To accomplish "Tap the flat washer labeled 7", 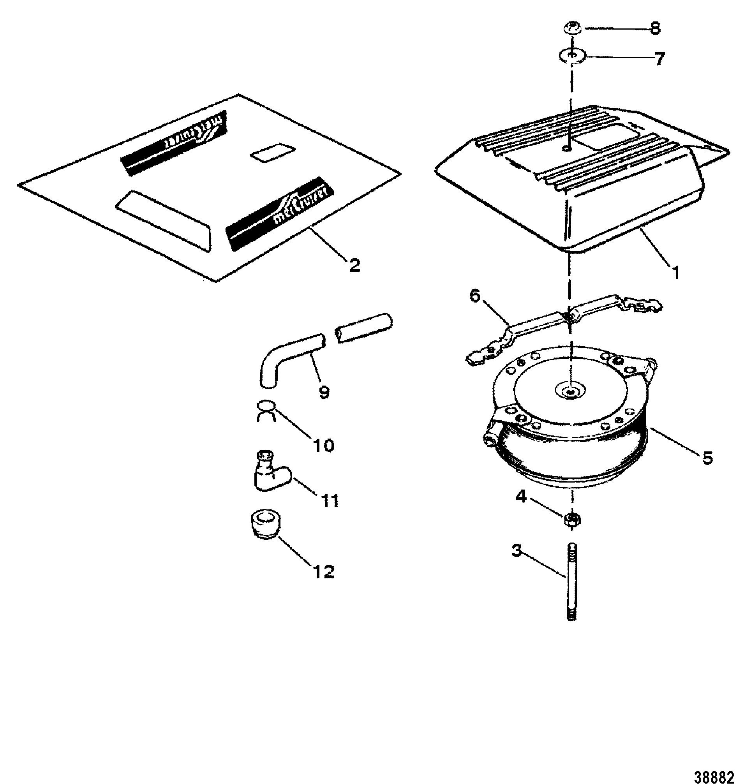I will tap(571, 55).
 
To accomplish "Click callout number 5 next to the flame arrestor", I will tap(707, 458).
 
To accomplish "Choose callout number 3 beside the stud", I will tap(517, 551).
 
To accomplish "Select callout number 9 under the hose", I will tap(324, 392).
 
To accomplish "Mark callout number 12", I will tap(324, 572).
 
